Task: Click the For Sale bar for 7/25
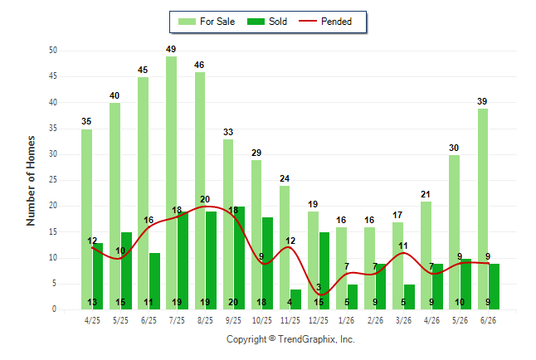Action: (x=171, y=183)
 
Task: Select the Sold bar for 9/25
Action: (x=239, y=258)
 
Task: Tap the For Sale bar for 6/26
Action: (x=483, y=209)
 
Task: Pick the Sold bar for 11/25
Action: (x=295, y=299)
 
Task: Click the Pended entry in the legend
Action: (x=325, y=22)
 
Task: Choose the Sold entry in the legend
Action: (x=267, y=22)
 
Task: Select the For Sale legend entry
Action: (x=207, y=22)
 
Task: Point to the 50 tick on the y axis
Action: (x=53, y=51)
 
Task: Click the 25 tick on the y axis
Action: (x=53, y=180)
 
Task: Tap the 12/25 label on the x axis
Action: (x=319, y=320)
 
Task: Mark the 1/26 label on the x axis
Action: (x=347, y=320)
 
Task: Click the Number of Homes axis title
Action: (x=31, y=181)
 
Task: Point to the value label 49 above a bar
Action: (x=171, y=49)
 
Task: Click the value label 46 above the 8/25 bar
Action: (x=199, y=65)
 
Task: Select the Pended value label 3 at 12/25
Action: (x=319, y=287)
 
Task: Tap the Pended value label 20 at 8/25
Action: (x=205, y=199)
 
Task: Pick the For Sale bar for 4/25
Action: (x=86, y=220)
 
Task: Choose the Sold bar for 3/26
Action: (x=409, y=297)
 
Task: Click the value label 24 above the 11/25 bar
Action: (x=285, y=178)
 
